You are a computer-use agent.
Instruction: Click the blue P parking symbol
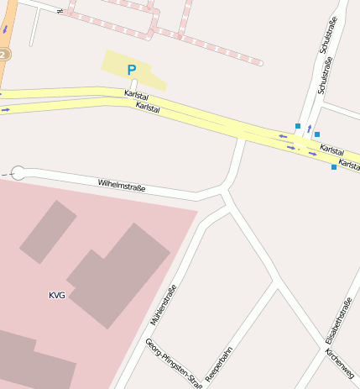point(131,70)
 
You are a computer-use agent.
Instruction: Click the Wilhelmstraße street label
point(122,183)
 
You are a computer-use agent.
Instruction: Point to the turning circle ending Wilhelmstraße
point(18,173)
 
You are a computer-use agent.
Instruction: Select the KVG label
point(57,295)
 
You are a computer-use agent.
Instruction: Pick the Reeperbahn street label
point(218,364)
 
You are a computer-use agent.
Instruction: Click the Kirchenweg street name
point(341,361)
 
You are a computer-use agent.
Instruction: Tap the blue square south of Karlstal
point(334,167)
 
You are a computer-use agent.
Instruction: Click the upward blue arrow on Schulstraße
point(309,129)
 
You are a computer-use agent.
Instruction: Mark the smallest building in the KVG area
point(48,231)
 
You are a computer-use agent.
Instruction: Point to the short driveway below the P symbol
point(133,83)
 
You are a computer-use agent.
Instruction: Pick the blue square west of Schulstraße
point(297,126)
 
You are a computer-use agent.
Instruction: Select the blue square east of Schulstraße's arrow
point(317,134)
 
